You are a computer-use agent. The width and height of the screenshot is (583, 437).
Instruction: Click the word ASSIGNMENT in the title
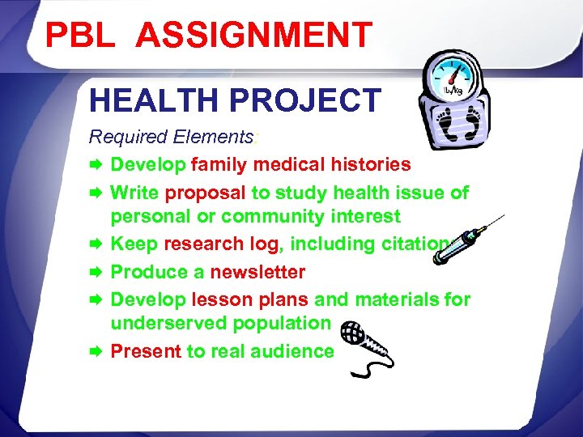pos(254,35)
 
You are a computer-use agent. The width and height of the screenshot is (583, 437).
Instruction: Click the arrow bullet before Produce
pos(96,272)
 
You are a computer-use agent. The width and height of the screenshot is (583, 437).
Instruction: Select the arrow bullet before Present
pos(96,351)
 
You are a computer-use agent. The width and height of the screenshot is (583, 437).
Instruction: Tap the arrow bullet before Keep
pos(96,244)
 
